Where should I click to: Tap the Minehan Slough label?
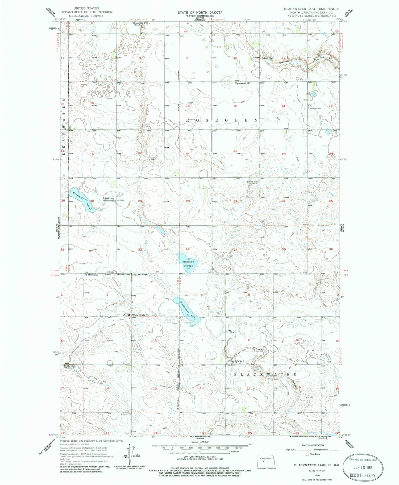[x=188, y=264]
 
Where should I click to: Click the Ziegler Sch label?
[x=69, y=366]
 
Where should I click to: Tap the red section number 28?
[x=188, y=201]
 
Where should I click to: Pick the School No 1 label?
[x=267, y=58]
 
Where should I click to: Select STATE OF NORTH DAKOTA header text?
[x=200, y=13]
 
